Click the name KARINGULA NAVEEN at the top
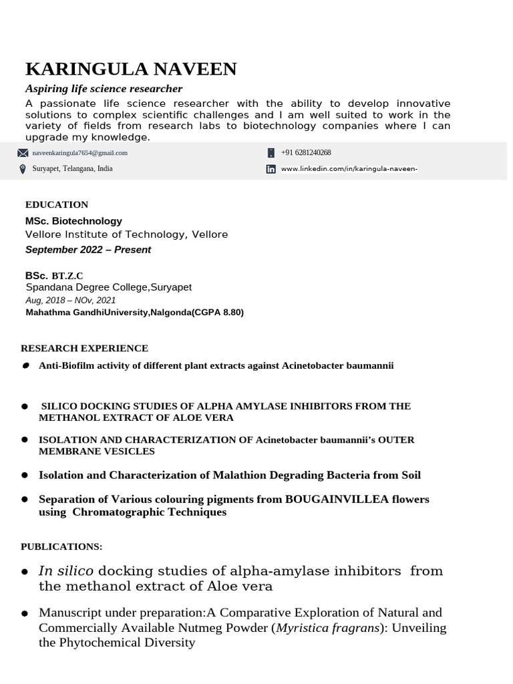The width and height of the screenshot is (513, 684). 130,69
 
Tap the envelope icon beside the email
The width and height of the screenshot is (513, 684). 23,153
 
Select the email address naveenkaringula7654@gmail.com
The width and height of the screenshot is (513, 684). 79,153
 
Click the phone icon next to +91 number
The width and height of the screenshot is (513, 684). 271,153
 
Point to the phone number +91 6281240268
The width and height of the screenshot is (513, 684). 306,153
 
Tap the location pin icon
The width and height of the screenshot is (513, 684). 23,169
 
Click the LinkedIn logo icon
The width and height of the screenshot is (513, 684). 271,170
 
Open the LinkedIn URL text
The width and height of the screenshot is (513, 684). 349,169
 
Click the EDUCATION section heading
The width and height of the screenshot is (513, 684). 57,204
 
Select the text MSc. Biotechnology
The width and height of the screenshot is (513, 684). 73,220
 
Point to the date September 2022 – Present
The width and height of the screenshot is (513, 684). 88,250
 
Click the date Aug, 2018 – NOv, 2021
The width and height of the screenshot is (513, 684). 70,301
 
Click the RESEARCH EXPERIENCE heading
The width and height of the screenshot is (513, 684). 84,348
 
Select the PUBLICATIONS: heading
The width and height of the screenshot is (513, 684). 61,546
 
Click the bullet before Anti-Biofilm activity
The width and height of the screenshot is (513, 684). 25,366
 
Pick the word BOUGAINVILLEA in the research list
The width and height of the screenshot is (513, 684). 330,499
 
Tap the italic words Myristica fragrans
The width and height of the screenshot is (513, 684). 326,628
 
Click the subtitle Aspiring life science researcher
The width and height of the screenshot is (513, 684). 104,89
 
